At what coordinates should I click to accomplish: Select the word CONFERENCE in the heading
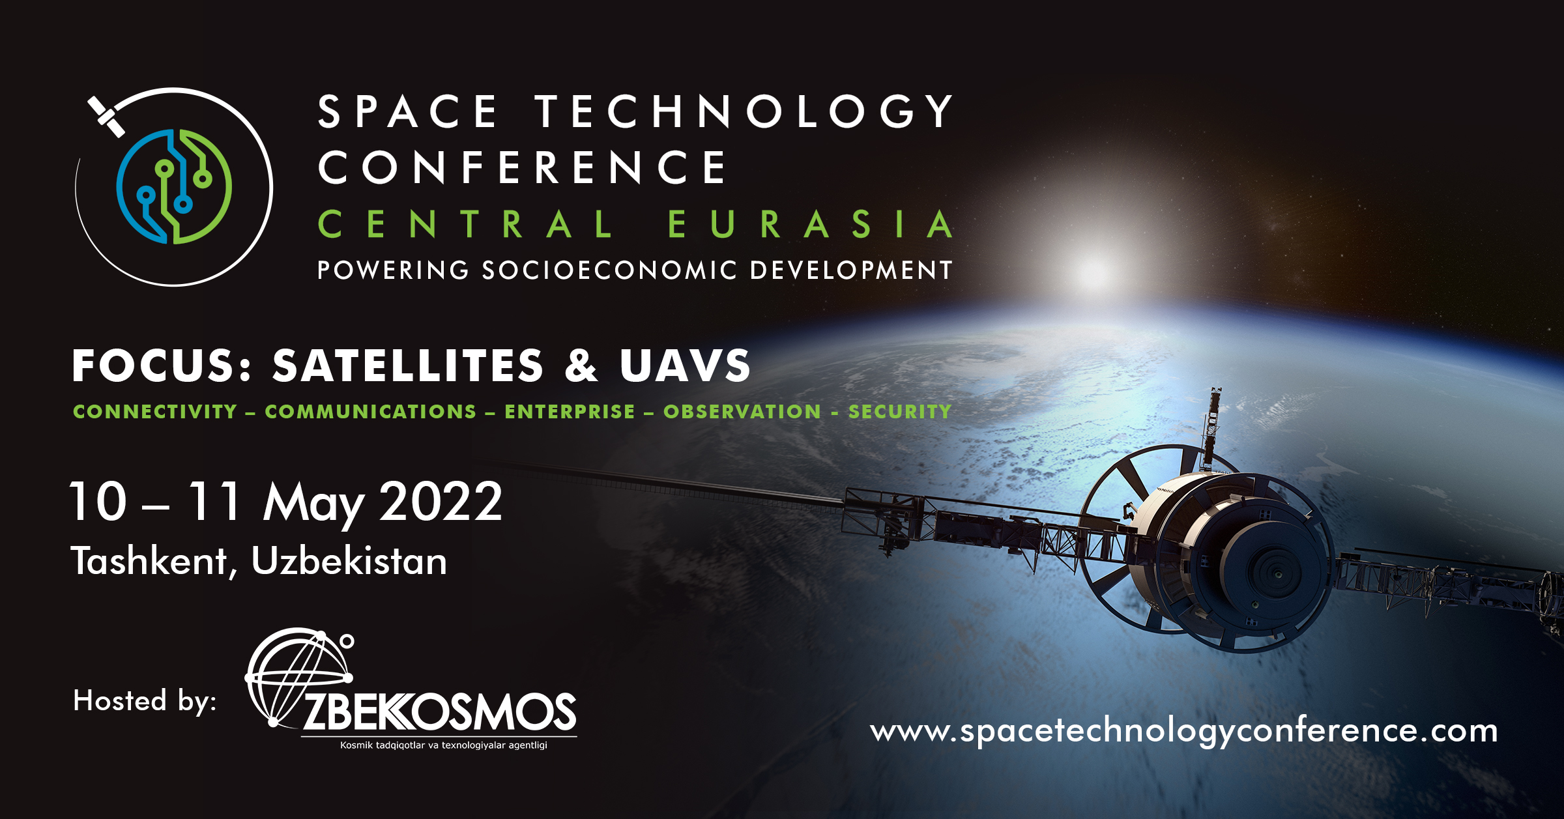[521, 167]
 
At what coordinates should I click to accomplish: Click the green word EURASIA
[811, 224]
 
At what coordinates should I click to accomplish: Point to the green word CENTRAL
[465, 224]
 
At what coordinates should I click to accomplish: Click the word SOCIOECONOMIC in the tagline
[609, 270]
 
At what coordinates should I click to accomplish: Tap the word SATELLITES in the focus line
[408, 365]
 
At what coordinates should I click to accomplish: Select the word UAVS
[685, 365]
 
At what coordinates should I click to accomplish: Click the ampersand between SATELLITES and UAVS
[581, 365]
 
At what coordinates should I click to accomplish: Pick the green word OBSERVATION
[742, 412]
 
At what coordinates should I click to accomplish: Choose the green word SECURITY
[900, 412]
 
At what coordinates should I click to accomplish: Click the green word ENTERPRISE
[570, 412]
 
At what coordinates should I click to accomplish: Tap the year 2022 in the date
[441, 501]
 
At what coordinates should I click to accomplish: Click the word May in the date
[313, 504]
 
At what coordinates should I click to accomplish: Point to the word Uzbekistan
[349, 560]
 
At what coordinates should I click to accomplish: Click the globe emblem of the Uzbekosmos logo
[298, 678]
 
